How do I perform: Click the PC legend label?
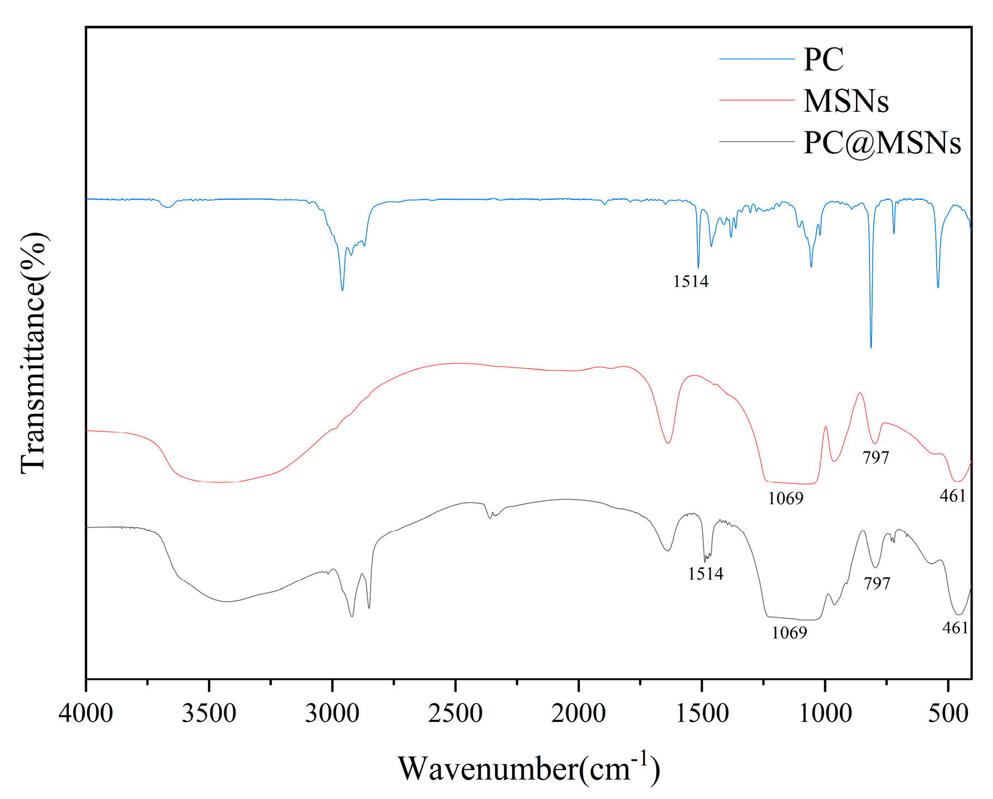coord(823,59)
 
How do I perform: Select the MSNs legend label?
coord(846,101)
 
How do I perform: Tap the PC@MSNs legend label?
coord(882,143)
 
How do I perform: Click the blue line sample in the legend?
coord(756,59)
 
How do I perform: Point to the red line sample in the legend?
coord(756,100)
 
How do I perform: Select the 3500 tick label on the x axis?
coord(209,713)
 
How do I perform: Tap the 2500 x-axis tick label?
coord(455,713)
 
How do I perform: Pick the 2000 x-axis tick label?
coord(578,713)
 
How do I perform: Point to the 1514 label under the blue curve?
coord(691,281)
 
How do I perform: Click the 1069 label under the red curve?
coord(785,498)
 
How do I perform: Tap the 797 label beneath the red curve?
coord(876,458)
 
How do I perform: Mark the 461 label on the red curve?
coord(953,496)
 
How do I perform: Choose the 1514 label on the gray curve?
coord(706,574)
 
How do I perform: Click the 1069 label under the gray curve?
coord(789,633)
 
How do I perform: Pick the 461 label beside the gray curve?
coord(955,628)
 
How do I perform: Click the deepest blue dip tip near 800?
coord(871,347)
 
